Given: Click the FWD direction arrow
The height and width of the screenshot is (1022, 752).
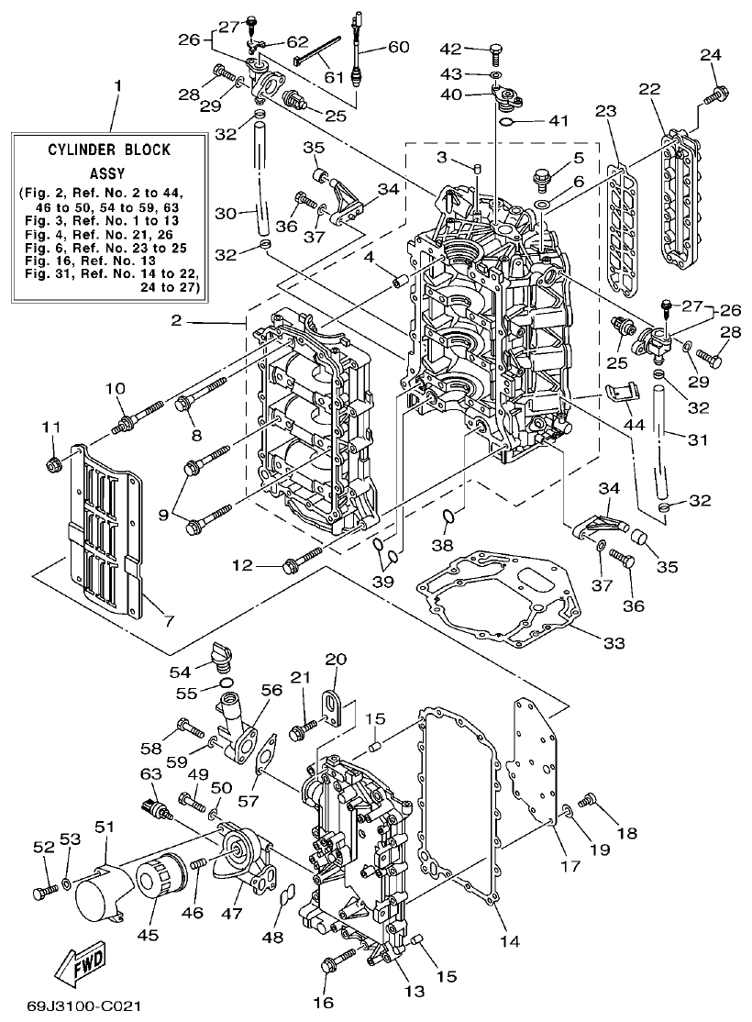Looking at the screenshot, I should pos(81,964).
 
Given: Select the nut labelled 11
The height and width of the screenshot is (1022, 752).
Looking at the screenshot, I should pos(53,464).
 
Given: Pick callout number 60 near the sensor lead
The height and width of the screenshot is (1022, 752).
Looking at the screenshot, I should pos(398,47).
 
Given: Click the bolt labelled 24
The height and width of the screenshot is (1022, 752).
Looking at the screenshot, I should pos(716,93).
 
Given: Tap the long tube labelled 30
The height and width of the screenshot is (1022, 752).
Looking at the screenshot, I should pos(261,180).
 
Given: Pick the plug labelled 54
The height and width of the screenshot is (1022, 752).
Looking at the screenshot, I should pos(219,655).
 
